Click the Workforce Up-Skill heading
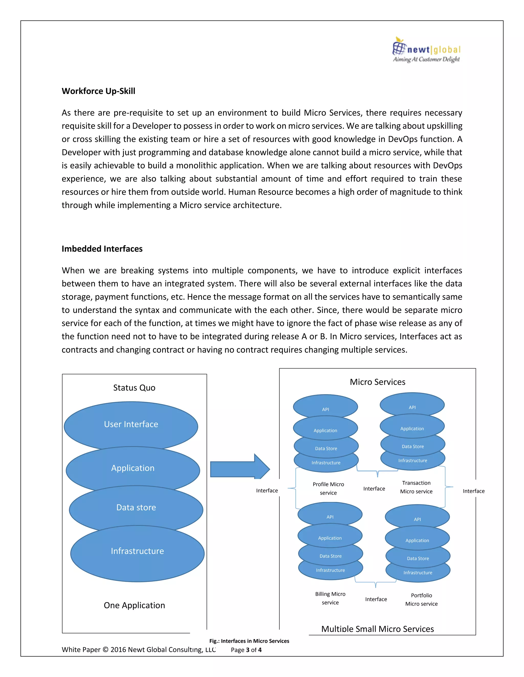[x=99, y=91]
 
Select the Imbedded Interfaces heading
[x=102, y=249]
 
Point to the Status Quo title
[x=134, y=388]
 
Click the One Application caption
[x=134, y=605]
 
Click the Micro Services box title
[x=377, y=382]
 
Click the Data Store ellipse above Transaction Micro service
[x=412, y=447]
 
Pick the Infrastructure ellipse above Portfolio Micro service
[x=418, y=573]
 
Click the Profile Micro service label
[x=328, y=488]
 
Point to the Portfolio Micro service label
[x=421, y=600]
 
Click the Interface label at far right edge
[x=473, y=491]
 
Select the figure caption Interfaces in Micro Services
[x=249, y=641]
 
